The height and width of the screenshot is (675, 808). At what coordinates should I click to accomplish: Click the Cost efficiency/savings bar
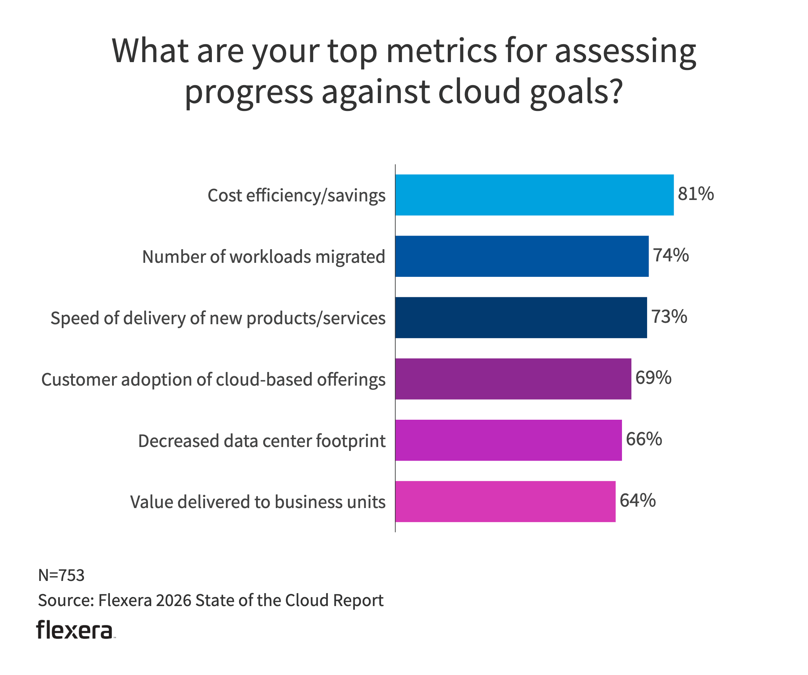534,195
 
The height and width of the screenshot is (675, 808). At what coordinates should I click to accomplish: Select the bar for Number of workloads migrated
522,256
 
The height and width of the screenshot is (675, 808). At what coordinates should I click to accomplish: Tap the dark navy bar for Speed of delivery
521,318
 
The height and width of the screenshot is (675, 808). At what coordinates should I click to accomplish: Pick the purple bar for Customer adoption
513,379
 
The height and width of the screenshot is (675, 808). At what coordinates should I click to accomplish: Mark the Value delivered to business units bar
505,502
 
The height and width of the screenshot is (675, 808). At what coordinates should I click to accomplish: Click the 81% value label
696,194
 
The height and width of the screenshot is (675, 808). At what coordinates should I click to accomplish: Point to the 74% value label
671,255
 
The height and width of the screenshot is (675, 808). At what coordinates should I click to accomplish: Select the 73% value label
669,317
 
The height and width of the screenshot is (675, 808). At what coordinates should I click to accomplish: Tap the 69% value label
653,378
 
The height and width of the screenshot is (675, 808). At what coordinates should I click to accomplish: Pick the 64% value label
637,501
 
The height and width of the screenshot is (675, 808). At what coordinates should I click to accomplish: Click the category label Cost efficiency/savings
296,195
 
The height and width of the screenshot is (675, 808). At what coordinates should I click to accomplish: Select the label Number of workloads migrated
264,257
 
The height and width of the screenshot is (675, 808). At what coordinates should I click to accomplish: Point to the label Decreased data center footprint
262,441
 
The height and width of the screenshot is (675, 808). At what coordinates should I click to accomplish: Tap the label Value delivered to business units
258,502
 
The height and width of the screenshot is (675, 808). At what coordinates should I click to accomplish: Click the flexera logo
75,630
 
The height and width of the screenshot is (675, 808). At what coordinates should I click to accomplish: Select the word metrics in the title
441,51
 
